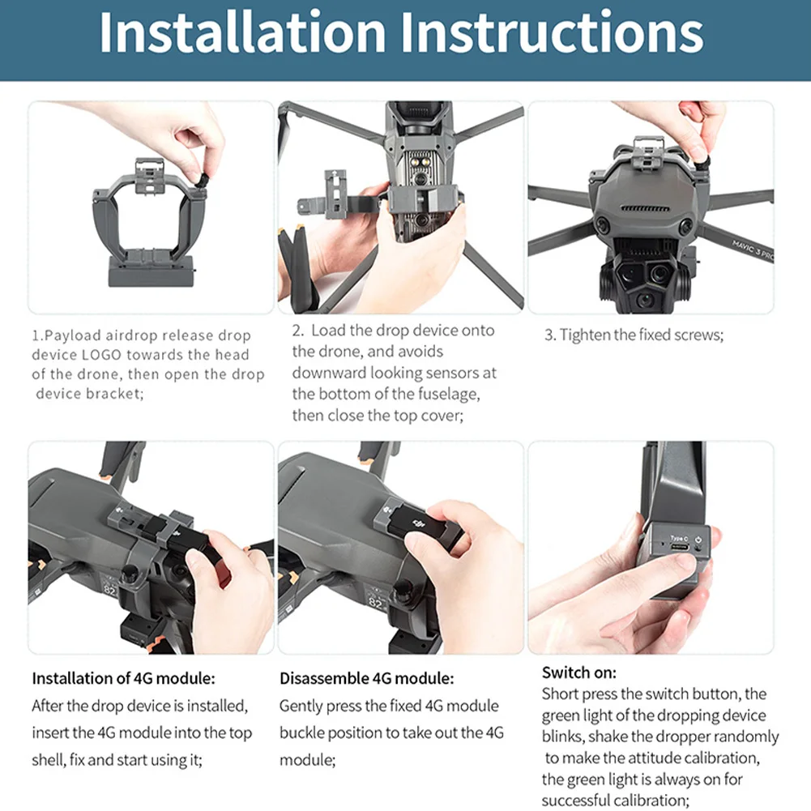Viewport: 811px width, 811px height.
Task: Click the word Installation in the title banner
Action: pos(242,32)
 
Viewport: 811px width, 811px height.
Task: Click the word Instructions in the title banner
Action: pos(553,32)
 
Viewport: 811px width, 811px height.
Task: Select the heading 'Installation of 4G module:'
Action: pos(123,678)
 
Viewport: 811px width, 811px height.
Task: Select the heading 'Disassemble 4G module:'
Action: pos(367,678)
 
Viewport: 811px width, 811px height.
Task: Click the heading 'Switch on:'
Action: pos(578,672)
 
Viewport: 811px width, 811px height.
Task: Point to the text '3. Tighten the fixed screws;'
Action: pos(634,335)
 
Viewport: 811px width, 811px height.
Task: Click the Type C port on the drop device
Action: pos(679,547)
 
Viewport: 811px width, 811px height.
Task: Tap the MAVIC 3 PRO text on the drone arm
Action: pos(753,251)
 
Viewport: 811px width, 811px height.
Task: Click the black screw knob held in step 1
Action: pos(203,181)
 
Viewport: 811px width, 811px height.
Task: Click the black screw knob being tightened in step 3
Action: pos(702,164)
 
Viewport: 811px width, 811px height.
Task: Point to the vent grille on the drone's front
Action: pos(644,209)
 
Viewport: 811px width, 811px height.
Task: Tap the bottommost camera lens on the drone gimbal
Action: pos(644,300)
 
